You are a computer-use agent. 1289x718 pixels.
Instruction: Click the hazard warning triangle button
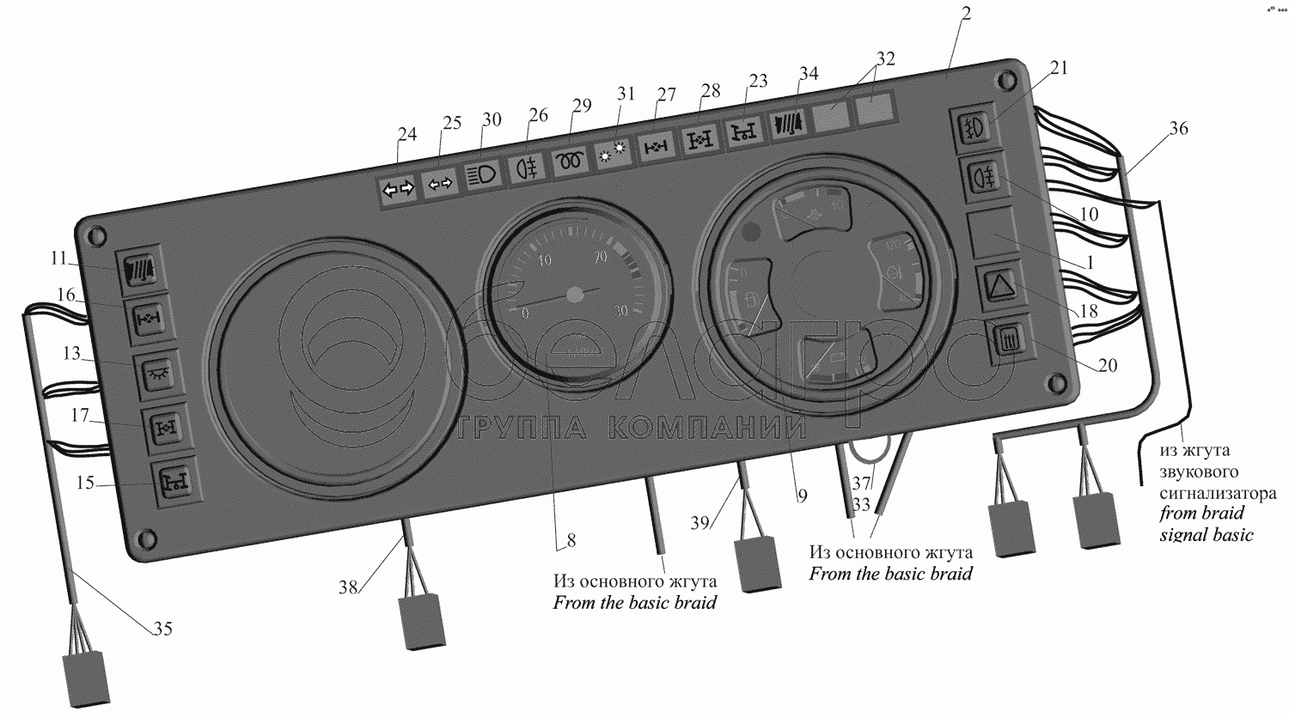coord(997,285)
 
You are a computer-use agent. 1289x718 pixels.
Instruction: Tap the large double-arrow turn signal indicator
coord(398,190)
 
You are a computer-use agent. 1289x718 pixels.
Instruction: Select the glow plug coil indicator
coord(571,161)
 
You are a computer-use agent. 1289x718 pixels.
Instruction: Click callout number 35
coord(162,630)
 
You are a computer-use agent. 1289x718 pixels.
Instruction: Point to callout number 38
coord(347,587)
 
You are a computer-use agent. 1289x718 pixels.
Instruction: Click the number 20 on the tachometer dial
coord(600,255)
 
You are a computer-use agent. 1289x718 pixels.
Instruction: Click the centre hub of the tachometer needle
coord(575,295)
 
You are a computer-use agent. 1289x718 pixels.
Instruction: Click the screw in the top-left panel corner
coord(96,233)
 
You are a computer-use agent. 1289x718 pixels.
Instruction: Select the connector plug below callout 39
coord(757,564)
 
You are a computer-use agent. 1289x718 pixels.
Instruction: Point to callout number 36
coord(1179,128)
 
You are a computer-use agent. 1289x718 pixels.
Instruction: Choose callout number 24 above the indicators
coord(406,134)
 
